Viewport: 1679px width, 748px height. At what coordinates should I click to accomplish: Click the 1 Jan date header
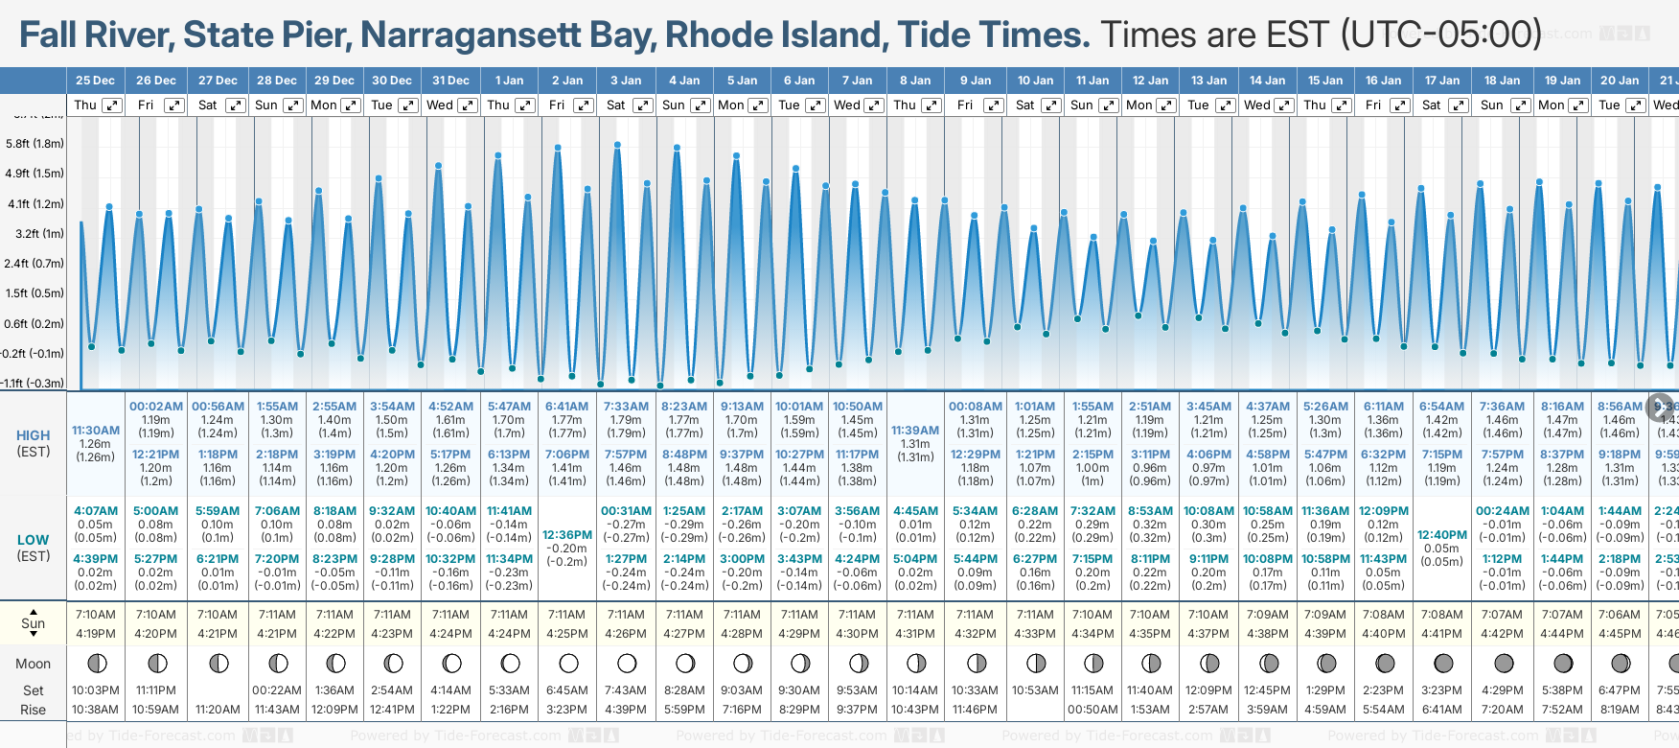click(508, 81)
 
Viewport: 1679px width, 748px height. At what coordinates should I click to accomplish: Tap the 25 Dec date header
click(95, 81)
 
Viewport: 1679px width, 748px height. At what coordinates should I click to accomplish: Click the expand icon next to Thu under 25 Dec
click(112, 105)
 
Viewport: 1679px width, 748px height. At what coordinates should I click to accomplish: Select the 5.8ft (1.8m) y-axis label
click(34, 144)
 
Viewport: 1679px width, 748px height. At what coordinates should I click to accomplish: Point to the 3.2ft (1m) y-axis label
click(34, 233)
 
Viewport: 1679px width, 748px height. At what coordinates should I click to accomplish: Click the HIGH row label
click(34, 435)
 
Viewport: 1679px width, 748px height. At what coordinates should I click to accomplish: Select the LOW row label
click(34, 540)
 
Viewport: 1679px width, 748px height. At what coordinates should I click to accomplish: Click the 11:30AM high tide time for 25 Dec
click(96, 431)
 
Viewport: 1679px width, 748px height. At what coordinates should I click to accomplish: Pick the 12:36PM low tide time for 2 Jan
click(567, 535)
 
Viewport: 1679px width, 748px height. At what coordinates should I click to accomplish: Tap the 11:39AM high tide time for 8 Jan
click(915, 431)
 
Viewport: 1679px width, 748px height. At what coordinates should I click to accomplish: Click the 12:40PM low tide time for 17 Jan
click(1441, 535)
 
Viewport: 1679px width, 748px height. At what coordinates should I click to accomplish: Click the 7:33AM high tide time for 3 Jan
click(626, 407)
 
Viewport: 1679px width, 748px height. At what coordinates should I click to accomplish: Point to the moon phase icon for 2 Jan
click(568, 664)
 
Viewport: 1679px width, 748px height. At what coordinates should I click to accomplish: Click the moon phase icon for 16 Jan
click(1385, 664)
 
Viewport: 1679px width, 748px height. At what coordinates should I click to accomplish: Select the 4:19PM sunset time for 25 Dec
click(96, 634)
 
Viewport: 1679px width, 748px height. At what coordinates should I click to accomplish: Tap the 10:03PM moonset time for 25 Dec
click(96, 690)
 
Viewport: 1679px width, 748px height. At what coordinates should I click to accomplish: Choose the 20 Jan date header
click(1620, 81)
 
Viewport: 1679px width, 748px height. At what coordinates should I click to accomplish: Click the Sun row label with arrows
click(34, 623)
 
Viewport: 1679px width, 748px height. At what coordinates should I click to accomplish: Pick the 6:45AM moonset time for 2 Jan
click(567, 690)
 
